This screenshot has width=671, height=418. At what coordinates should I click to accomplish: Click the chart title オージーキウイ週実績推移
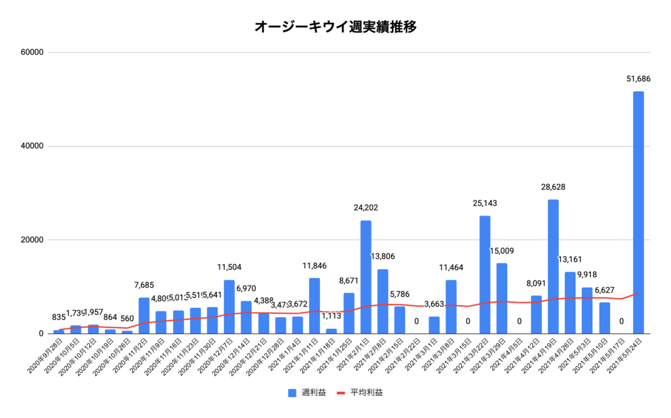pyautogui.click(x=335, y=27)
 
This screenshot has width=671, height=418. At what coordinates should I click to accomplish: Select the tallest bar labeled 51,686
pyautogui.click(x=638, y=212)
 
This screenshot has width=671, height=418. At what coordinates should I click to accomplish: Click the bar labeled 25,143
pyautogui.click(x=485, y=274)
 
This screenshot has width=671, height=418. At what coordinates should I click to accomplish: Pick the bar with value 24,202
pyautogui.click(x=366, y=276)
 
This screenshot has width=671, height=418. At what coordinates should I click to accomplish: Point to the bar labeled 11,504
pyautogui.click(x=229, y=307)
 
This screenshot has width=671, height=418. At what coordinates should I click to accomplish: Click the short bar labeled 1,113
pyautogui.click(x=332, y=331)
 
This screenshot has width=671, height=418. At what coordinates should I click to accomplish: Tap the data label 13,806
pyautogui.click(x=383, y=256)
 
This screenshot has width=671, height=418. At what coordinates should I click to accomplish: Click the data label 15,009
pyautogui.click(x=502, y=250)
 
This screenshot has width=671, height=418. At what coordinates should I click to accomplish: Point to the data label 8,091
pyautogui.click(x=536, y=284)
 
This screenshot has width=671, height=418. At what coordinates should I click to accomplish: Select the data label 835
pyautogui.click(x=59, y=318)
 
